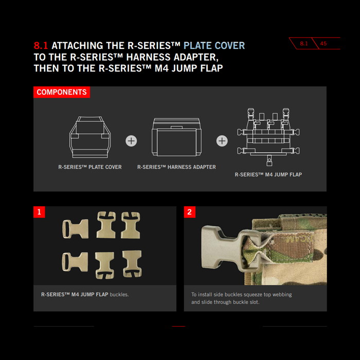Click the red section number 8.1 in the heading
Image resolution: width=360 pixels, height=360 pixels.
click(x=41, y=45)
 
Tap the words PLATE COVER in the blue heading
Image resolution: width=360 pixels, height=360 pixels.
click(x=214, y=45)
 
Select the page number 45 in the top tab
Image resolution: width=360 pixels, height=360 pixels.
click(x=323, y=44)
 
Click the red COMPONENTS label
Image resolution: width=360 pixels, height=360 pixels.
click(x=62, y=92)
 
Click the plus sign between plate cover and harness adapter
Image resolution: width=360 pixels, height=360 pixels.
click(x=131, y=141)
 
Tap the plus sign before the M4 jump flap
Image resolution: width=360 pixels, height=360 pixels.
click(x=222, y=141)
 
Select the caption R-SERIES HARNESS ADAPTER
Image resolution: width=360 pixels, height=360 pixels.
click(x=176, y=167)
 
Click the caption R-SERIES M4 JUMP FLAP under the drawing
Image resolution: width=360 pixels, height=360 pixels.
click(x=268, y=175)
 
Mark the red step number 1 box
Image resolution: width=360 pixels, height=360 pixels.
click(x=39, y=212)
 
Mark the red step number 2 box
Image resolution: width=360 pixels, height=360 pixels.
click(x=190, y=212)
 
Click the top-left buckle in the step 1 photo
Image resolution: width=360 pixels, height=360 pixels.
click(x=75, y=229)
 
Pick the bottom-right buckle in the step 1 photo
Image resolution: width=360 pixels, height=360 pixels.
click(x=132, y=263)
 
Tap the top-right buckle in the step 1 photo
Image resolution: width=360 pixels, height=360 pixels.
click(x=131, y=225)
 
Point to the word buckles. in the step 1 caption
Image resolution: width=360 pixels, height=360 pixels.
click(x=119, y=295)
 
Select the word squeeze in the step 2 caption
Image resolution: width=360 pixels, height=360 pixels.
click(x=250, y=295)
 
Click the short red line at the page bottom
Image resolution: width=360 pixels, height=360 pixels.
click(x=178, y=326)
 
